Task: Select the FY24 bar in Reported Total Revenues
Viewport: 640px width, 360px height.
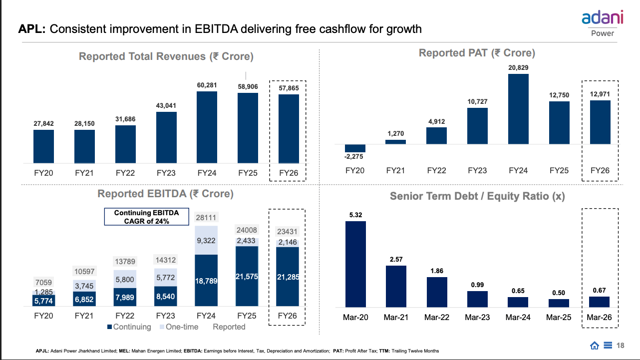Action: point(207,127)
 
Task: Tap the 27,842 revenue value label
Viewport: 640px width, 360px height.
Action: point(43,123)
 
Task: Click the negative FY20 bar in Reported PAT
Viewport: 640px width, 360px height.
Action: point(355,148)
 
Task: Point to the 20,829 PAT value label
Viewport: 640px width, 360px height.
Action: point(518,67)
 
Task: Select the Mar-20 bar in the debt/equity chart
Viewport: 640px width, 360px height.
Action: point(355,264)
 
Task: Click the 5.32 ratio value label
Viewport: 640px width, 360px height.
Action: point(355,215)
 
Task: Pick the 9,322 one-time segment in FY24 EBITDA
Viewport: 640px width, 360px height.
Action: point(207,240)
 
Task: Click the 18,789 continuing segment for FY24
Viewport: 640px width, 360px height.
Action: point(207,281)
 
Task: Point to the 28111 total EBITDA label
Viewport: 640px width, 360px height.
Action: point(207,218)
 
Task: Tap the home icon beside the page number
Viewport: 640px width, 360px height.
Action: point(595,346)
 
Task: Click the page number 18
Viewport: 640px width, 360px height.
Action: point(621,346)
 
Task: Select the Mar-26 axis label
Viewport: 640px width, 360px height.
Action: point(600,318)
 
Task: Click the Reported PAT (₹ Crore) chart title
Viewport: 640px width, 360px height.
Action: point(477,53)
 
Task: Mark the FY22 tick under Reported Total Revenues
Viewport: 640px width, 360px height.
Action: point(125,174)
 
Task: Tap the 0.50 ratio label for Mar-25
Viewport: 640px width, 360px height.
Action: point(559,293)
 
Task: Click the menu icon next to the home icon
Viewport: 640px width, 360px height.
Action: point(608,346)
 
